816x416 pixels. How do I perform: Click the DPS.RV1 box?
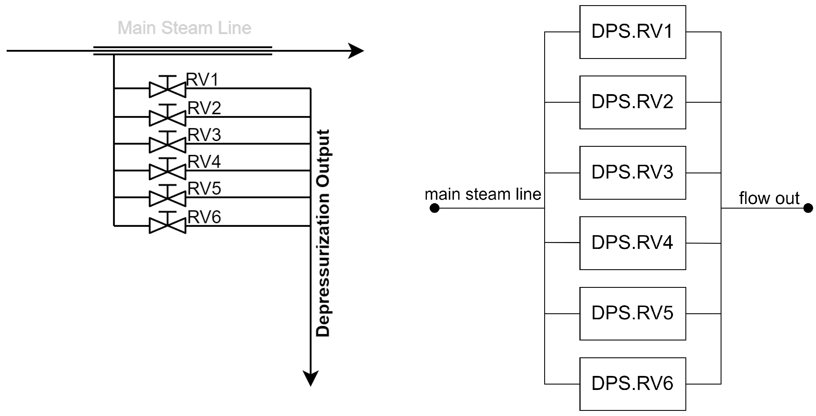click(632, 32)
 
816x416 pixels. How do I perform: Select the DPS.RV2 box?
click(632, 102)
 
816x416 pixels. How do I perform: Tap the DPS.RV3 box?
click(632, 173)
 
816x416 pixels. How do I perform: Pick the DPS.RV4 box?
click(632, 243)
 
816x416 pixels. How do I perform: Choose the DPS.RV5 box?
click(632, 314)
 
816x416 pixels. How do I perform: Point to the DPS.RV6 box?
click(632, 384)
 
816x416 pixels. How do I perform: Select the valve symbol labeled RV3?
click(167, 144)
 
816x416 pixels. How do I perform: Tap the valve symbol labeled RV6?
click(167, 225)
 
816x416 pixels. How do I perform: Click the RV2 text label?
click(204, 108)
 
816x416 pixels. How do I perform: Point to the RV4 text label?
click(204, 162)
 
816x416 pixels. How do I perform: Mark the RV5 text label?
click(204, 189)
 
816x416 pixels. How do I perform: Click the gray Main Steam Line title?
click(184, 28)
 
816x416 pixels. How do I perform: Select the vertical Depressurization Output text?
click(323, 233)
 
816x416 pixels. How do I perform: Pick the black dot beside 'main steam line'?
click(434, 208)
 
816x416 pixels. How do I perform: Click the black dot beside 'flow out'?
click(808, 208)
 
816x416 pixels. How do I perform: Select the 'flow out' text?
click(769, 198)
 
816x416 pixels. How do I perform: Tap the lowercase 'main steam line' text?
click(483, 194)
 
